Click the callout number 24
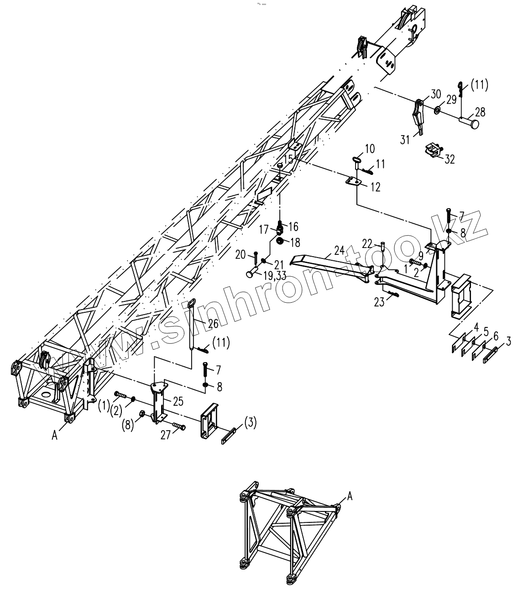click(339, 250)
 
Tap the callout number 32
click(450, 159)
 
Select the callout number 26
click(214, 323)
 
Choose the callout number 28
click(480, 112)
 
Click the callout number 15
click(288, 159)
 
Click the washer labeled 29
click(437, 110)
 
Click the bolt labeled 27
click(179, 427)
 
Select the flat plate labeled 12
click(354, 181)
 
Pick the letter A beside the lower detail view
click(350, 495)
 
